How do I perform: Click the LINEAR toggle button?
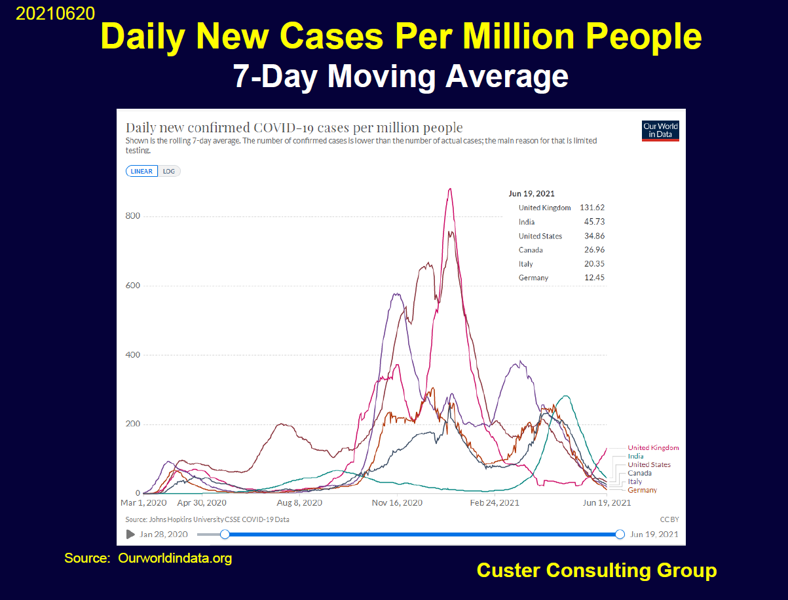(x=141, y=172)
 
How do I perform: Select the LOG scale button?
(x=169, y=172)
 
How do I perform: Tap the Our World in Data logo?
(x=660, y=130)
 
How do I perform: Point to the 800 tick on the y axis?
(x=133, y=216)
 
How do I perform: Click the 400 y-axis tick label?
(x=133, y=355)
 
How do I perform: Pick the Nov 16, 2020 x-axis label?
(x=398, y=503)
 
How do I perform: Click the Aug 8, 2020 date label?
(x=299, y=503)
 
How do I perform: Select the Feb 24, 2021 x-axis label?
(x=495, y=503)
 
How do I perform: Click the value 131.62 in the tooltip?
(x=592, y=208)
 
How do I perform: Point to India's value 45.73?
(x=595, y=222)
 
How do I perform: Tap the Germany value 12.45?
(x=595, y=278)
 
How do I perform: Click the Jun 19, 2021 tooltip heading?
(x=531, y=193)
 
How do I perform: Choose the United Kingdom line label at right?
(x=653, y=448)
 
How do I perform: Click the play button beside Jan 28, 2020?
(x=130, y=534)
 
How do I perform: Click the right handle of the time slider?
(x=620, y=534)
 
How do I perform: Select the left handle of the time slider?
(x=225, y=534)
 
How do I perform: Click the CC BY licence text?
(x=669, y=519)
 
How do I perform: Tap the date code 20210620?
(x=55, y=14)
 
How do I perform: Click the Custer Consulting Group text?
(x=596, y=571)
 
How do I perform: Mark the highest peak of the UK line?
(x=450, y=189)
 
